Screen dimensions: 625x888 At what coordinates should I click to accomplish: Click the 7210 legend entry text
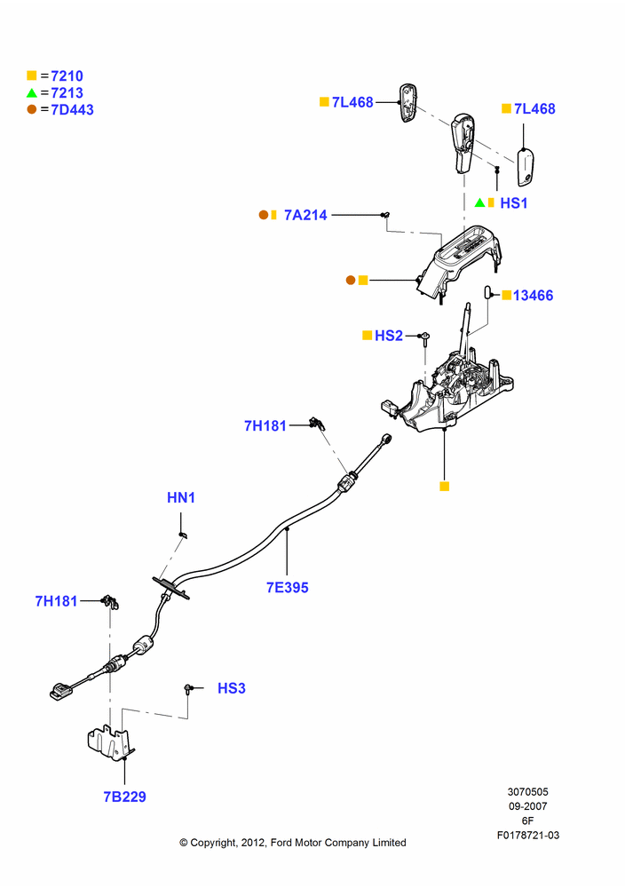tap(67, 75)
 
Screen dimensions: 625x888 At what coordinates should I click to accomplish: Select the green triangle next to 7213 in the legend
tap(32, 93)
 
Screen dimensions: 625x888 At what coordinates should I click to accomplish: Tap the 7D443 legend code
tap(73, 110)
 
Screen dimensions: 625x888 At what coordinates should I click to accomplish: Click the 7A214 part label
tap(305, 215)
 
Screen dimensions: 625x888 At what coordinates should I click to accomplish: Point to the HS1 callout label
tap(514, 202)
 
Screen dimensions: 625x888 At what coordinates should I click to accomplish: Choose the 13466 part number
tap(534, 295)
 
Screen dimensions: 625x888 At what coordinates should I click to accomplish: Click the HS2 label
tap(389, 336)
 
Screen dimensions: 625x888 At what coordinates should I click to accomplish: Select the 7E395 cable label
tap(288, 588)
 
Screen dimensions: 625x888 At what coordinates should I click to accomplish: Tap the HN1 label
tap(181, 498)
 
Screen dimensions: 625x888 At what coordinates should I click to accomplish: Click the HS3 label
tap(232, 688)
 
